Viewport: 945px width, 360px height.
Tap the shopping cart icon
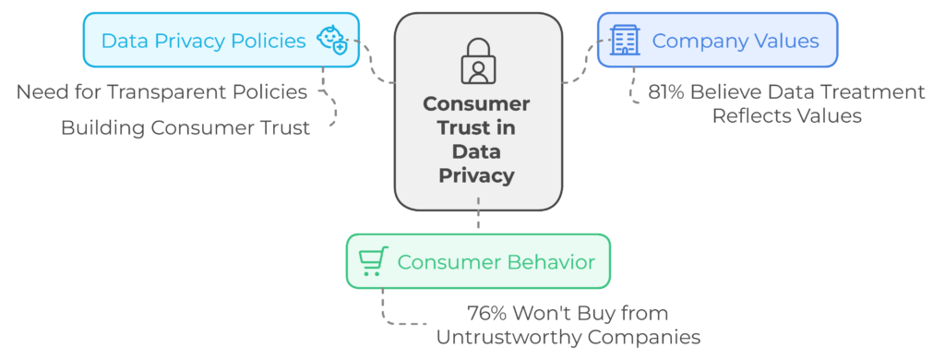click(373, 262)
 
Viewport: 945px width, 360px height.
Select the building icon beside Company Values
click(625, 41)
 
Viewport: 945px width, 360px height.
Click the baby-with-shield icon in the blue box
click(332, 41)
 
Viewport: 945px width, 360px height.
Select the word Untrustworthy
click(510, 337)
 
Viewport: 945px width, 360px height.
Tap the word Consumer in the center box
click(477, 103)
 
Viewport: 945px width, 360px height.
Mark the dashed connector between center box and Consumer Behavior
click(478, 213)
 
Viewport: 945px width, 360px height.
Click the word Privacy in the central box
click(477, 175)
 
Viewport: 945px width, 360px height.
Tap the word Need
click(38, 92)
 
